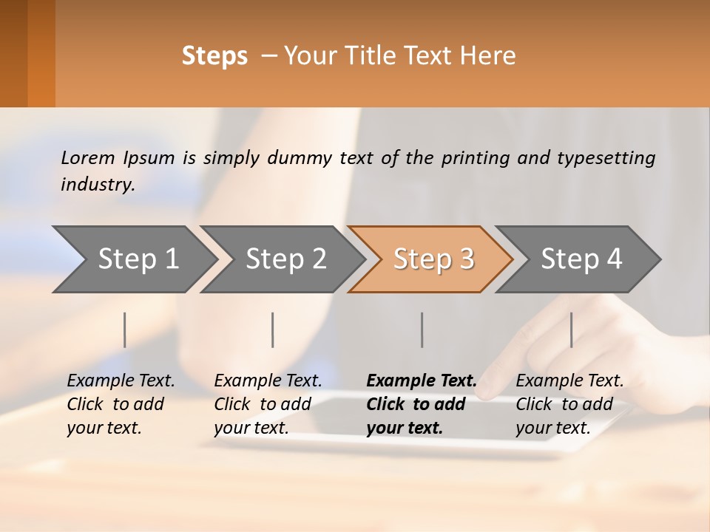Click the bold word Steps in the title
pyautogui.click(x=214, y=56)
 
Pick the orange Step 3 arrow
pyautogui.click(x=433, y=259)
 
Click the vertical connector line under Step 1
pyautogui.click(x=125, y=330)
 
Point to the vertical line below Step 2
pyautogui.click(x=273, y=330)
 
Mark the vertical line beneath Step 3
pyautogui.click(x=422, y=330)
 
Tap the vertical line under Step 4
pyautogui.click(x=572, y=330)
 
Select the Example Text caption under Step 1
pyautogui.click(x=121, y=404)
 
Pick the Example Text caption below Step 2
pyautogui.click(x=268, y=404)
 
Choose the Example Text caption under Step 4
pyautogui.click(x=569, y=404)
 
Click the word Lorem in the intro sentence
pyautogui.click(x=88, y=157)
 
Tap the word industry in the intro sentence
pyautogui.click(x=97, y=184)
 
